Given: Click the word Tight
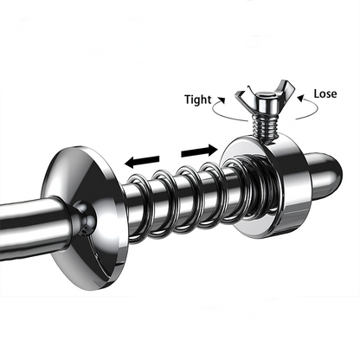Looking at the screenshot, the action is [x=198, y=100].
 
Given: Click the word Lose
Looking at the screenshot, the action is [x=325, y=93].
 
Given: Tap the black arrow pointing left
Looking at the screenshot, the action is [x=142, y=162].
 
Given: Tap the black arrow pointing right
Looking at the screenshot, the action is [x=199, y=151].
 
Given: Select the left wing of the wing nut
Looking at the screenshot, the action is [x=243, y=100].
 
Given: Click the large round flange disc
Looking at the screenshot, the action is [x=85, y=218].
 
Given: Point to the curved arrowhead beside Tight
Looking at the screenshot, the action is [x=222, y=100].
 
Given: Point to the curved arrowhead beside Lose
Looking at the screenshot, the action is [x=301, y=99].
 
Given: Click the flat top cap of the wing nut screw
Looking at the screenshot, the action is [x=265, y=94].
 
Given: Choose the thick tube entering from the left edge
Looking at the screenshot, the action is [x=32, y=227].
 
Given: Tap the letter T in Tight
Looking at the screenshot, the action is [x=188, y=100].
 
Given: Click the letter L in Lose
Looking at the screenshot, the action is [x=317, y=93].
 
